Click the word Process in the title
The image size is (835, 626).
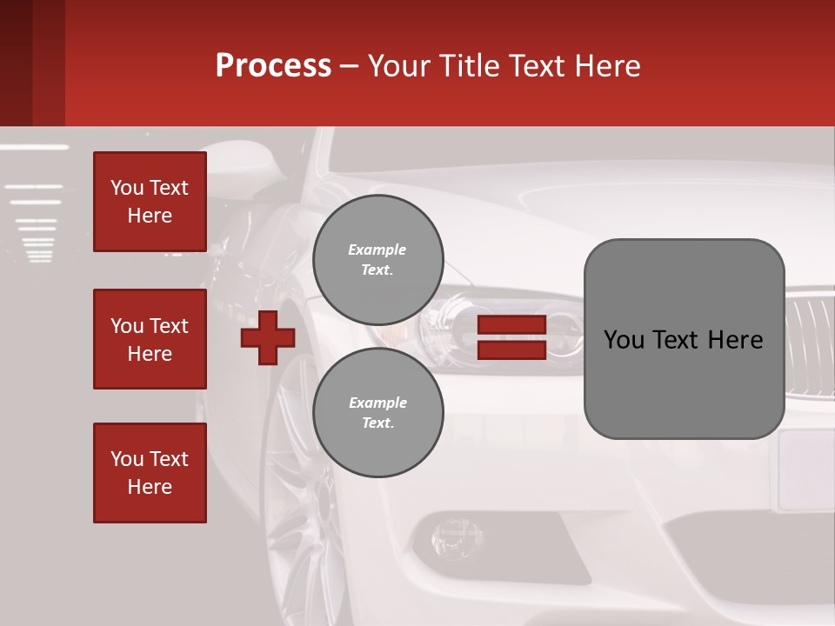273,66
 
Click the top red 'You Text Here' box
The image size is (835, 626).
150,202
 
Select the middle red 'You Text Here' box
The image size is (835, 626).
150,339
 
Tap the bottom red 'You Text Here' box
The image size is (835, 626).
150,473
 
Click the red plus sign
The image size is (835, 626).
268,337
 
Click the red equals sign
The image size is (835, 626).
511,337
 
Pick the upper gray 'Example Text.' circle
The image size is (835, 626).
378,259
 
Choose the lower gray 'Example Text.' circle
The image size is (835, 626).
378,412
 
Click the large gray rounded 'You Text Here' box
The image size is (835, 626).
684,339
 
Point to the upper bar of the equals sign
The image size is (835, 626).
511,324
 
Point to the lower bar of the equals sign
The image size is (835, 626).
511,350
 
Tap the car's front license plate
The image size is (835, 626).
805,469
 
